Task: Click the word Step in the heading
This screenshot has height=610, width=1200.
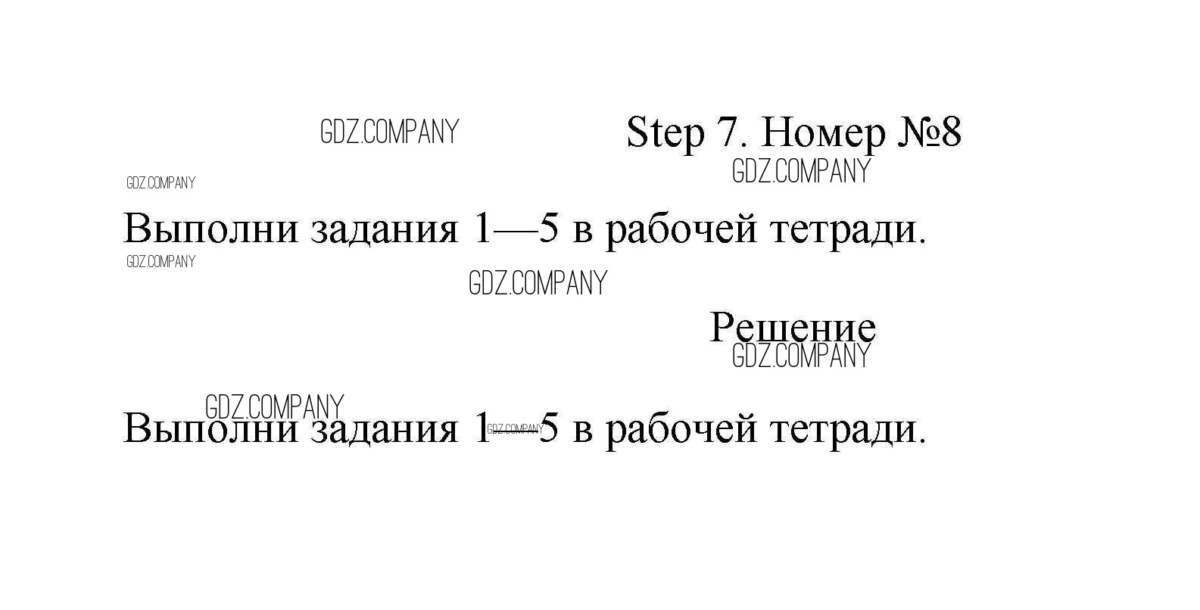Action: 665,134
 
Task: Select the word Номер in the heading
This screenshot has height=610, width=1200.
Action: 824,134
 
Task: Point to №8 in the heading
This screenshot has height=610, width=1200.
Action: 930,132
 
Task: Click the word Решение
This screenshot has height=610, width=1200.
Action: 793,327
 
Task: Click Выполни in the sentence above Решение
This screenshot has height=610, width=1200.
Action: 210,229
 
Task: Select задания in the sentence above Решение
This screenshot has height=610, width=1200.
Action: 385,232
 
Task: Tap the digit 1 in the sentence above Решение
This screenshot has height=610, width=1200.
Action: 483,229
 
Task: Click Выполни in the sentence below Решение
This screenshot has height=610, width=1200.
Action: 210,428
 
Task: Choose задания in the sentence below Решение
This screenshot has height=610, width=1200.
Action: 385,431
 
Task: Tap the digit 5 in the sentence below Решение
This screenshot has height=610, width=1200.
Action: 548,428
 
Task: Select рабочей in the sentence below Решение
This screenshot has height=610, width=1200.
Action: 681,430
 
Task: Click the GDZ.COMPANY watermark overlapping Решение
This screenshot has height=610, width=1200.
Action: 802,356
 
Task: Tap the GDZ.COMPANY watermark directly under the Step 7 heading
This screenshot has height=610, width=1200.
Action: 802,171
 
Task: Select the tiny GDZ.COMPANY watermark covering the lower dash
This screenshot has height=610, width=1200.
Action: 515,429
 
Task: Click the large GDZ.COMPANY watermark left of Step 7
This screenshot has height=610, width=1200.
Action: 389,132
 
